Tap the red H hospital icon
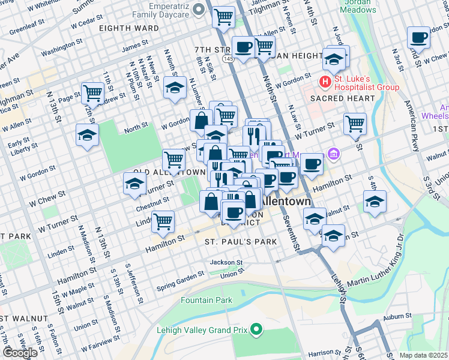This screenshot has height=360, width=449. pyautogui.click(x=325, y=81)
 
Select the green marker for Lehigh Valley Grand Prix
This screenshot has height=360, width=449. pyautogui.click(x=257, y=329)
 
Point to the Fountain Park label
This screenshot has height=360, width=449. pyautogui.click(x=206, y=300)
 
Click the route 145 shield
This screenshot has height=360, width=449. pyautogui.click(x=228, y=59)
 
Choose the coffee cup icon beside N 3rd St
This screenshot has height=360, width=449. pyautogui.click(x=418, y=38)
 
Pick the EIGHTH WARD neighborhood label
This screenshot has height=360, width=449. pyautogui.click(x=129, y=28)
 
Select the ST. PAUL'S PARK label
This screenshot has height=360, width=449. pyautogui.click(x=240, y=242)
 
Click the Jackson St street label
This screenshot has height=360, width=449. pyautogui.click(x=226, y=263)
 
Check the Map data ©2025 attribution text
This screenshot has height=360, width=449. pyautogui.click(x=423, y=355)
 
